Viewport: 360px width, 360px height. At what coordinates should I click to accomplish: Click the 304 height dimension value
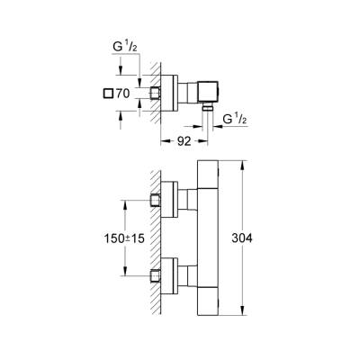(x=261, y=238)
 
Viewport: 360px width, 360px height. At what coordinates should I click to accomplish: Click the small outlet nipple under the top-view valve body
(x=207, y=107)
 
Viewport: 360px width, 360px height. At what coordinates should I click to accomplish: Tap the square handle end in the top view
(x=221, y=92)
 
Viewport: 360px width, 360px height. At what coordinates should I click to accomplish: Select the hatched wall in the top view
(x=156, y=92)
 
